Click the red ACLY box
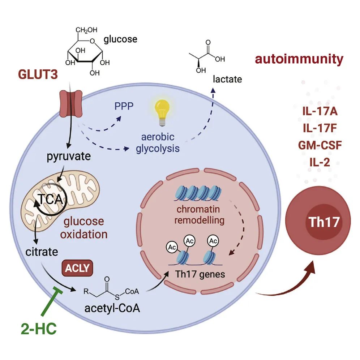click(76, 267)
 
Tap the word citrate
click(41, 251)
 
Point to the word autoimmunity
click(299, 59)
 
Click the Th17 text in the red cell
click(324, 222)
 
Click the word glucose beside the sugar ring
click(120, 39)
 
